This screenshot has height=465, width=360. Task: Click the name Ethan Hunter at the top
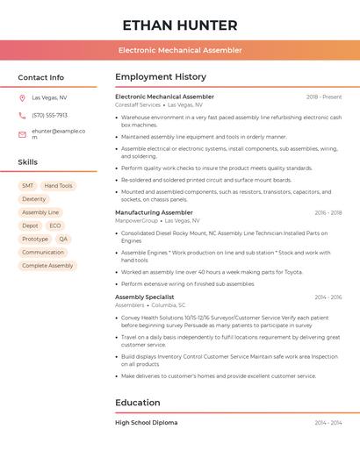coord(180,25)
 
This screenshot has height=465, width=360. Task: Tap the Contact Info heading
coord(41,77)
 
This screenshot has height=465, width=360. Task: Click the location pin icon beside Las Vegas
coord(22,97)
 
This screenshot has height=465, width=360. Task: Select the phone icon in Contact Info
coord(22,115)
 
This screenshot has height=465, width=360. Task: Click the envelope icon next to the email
coord(22,134)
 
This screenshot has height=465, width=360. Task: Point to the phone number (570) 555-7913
coord(49,115)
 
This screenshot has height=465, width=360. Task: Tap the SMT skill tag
coord(27,186)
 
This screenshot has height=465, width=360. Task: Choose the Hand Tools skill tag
coord(59,186)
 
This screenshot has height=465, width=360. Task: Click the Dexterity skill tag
coord(34,199)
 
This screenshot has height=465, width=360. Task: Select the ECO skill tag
coord(55,225)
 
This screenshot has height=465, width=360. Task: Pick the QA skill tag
coord(63,239)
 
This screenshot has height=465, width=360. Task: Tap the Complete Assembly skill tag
coord(47,265)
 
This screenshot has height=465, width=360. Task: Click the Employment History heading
coord(161,77)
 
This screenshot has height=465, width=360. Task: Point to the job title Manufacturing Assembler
coord(154,212)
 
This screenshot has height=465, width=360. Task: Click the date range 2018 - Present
coord(324,97)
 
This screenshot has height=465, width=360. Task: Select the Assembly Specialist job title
coord(145,297)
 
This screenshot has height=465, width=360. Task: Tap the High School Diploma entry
coord(146,423)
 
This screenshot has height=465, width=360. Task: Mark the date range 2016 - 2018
coord(328,212)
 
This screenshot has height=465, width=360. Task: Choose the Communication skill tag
coord(43,252)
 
